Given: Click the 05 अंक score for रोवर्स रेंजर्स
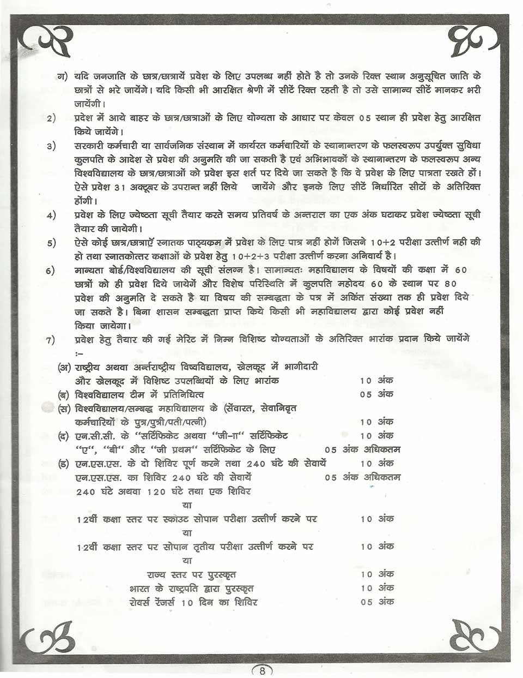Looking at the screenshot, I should click(376, 602).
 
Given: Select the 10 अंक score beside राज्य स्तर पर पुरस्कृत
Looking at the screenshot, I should click(376, 574).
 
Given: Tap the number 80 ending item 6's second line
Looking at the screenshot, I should click(451, 284).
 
